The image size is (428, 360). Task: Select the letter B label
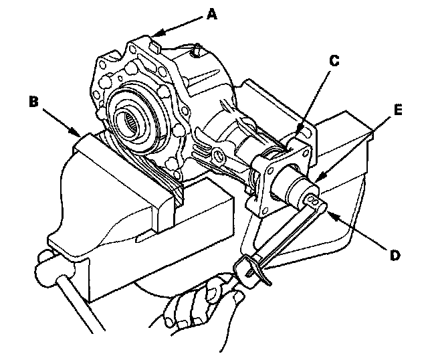tap(34, 102)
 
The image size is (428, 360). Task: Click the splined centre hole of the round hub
tap(130, 121)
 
